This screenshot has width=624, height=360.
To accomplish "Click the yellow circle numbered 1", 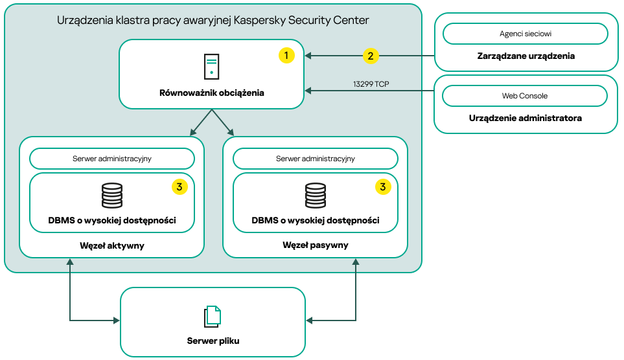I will click(286, 56).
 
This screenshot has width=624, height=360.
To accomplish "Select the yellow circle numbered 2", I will click(370, 56).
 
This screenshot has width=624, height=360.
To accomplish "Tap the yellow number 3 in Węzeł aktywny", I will click(179, 186).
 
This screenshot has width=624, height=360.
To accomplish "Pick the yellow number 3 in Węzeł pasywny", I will click(383, 186).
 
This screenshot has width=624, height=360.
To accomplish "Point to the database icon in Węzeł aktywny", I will click(112, 196).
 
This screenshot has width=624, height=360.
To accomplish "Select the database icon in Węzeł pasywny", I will click(316, 196).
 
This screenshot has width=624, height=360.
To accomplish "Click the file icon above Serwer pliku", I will click(213, 316).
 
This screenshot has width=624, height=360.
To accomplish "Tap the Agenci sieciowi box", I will click(526, 33).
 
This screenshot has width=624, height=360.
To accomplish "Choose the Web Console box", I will click(526, 96).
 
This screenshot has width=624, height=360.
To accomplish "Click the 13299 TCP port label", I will click(371, 84).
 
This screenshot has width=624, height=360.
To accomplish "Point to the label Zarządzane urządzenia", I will click(526, 56).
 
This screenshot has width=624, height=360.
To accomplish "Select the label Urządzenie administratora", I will click(526, 118).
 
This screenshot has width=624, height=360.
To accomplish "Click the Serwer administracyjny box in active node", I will click(112, 159).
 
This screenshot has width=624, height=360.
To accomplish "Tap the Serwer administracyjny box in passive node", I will click(316, 159).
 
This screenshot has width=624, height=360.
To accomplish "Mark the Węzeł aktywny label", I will click(112, 245).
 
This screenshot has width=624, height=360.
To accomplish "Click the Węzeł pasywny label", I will click(316, 245).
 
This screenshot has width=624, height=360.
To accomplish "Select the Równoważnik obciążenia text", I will click(212, 93).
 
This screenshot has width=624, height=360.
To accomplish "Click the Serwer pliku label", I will click(213, 341).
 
